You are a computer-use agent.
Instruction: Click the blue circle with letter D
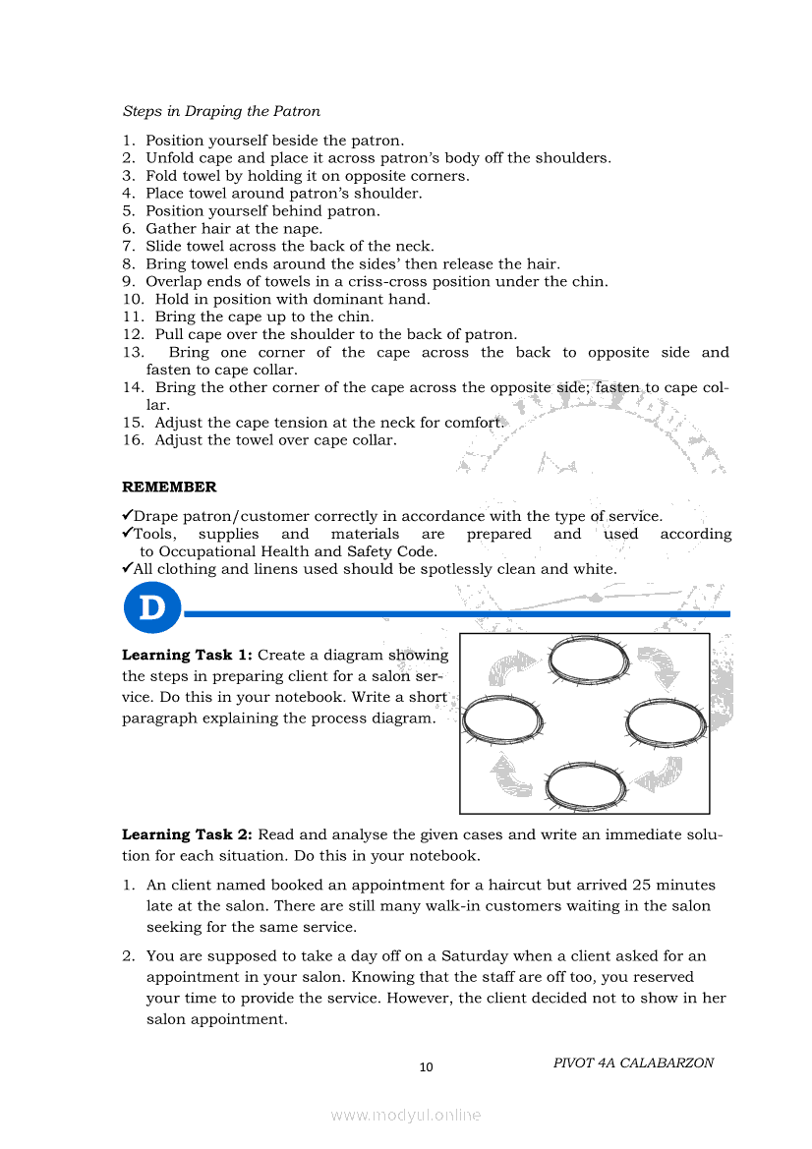(x=152, y=607)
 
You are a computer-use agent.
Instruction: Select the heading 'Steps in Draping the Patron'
(x=221, y=111)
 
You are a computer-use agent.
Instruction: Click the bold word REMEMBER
(x=169, y=488)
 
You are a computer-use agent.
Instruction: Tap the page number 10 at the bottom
(x=426, y=1067)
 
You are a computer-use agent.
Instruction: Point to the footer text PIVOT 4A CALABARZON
(x=633, y=1063)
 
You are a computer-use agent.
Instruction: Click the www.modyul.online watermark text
(x=406, y=1115)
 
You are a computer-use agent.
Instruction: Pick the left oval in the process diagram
(x=503, y=721)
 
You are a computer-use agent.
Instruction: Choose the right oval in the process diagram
(x=666, y=722)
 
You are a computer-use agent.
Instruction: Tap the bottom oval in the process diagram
(x=585, y=785)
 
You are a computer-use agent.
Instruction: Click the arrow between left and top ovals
(x=510, y=669)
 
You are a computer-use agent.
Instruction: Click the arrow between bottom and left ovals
(x=511, y=775)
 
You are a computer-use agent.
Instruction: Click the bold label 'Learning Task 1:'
(x=188, y=656)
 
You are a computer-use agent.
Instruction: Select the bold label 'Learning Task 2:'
(x=188, y=835)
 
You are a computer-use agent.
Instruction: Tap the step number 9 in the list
(x=128, y=282)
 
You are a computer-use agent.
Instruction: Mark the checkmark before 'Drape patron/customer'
(x=127, y=515)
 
